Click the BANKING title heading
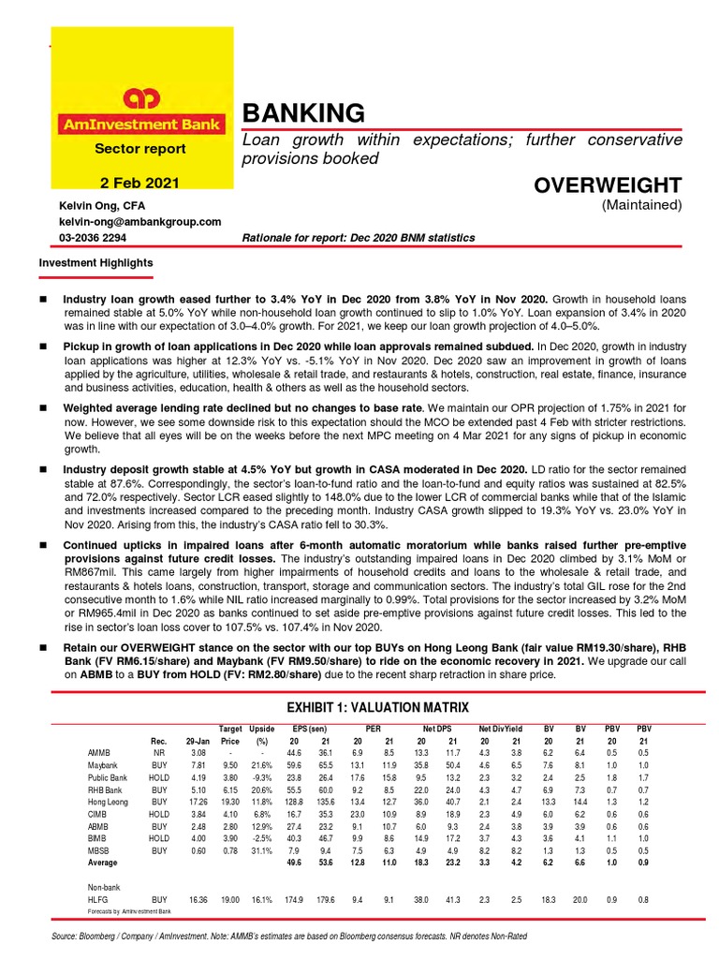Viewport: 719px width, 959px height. (x=302, y=114)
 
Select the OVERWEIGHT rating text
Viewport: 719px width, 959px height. (x=608, y=184)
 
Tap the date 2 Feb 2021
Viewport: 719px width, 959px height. (x=139, y=184)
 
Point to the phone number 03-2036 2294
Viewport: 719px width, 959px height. (x=91, y=238)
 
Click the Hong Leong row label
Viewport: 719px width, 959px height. (x=108, y=802)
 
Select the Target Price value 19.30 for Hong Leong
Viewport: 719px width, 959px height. (x=230, y=802)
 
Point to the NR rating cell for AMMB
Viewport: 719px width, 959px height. (x=159, y=752)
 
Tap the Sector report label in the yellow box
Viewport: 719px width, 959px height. (x=139, y=149)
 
